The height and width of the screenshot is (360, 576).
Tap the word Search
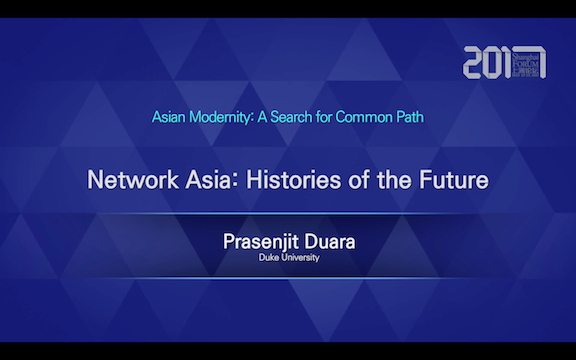(x=297, y=117)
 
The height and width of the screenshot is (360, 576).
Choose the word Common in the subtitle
(x=363, y=117)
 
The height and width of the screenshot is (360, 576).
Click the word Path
(x=410, y=117)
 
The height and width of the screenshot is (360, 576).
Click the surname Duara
(x=330, y=243)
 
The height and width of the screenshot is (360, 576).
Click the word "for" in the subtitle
(x=330, y=117)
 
